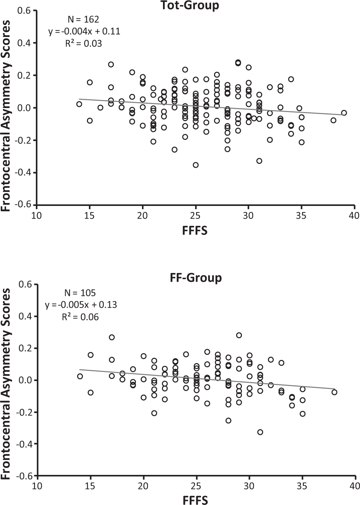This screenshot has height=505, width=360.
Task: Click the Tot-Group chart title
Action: [196, 5]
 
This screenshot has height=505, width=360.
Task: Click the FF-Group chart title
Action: [196, 278]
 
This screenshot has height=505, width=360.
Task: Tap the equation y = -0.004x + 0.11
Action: [84, 32]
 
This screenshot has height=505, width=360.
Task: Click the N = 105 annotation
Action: [80, 292]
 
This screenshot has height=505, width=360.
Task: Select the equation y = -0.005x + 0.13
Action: [81, 305]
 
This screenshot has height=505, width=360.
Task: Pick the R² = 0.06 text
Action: [80, 317]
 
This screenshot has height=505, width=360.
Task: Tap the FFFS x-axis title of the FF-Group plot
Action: [196, 500]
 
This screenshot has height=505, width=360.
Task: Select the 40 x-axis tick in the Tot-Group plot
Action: [354, 216]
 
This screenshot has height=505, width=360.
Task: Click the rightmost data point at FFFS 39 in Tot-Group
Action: [344, 113]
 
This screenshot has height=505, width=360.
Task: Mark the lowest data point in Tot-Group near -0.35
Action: [196, 165]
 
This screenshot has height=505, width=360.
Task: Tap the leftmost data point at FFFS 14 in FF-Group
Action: [80, 376]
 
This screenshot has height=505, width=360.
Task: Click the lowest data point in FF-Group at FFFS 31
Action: [260, 432]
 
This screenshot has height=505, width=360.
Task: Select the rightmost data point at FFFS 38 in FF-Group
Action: [334, 392]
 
